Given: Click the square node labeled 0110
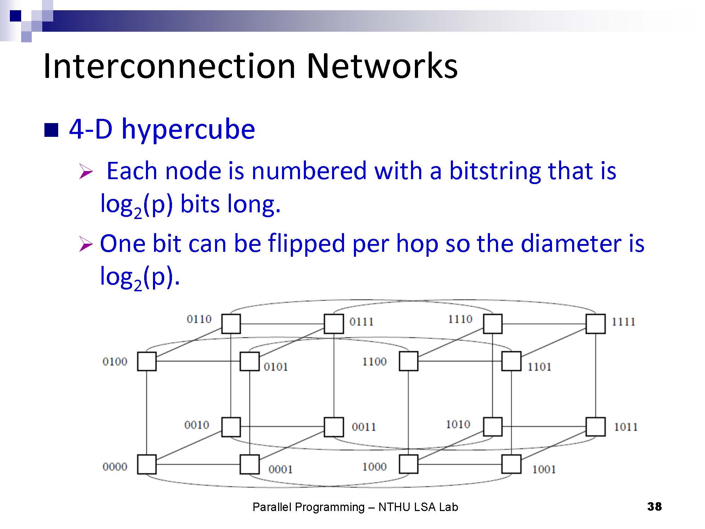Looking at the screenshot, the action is point(231,324).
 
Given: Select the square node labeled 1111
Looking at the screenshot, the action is point(595,324).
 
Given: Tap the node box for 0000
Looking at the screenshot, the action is point(147,464).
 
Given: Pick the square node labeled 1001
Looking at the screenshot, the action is point(511,464).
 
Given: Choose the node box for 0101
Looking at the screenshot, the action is point(250,361).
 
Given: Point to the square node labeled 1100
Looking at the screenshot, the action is point(409,361).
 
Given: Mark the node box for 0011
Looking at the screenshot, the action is point(334,427).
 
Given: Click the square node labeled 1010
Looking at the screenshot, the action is point(492,427).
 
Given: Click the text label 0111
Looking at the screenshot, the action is point(361,322).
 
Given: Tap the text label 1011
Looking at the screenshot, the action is point(626,427).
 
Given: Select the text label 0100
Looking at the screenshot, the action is point(115,361).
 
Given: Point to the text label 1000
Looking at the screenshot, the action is point(374,467).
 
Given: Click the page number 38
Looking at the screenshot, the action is point(655,506).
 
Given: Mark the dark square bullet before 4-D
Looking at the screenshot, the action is point(51,130).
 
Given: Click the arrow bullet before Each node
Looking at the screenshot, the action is point(86,171).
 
